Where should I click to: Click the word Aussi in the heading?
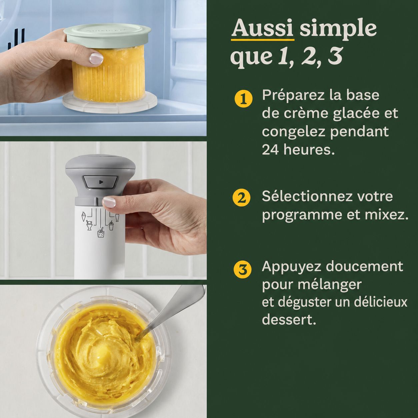point(262,29)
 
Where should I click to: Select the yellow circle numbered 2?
point(241,198)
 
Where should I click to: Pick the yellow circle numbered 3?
point(243,269)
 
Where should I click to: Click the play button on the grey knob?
point(100,182)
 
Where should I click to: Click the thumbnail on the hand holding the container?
point(96,59)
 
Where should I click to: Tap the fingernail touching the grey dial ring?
point(109,202)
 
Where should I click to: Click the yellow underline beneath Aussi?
point(263,40)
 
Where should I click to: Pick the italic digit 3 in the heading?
point(335,57)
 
